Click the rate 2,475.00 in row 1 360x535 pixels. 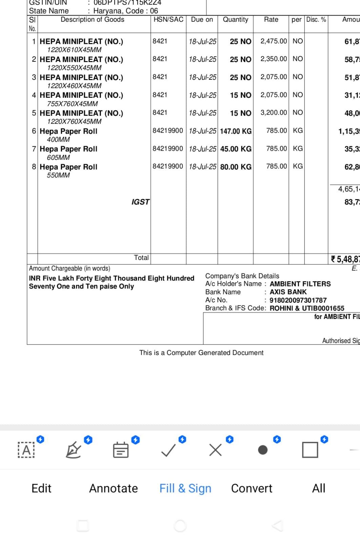click(x=273, y=41)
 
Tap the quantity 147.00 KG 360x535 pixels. click(x=236, y=131)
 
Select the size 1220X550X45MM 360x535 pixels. click(x=74, y=68)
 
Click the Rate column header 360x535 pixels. click(x=271, y=20)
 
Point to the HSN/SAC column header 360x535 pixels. click(x=168, y=20)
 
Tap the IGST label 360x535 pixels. click(x=140, y=202)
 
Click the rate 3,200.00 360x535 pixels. click(x=273, y=113)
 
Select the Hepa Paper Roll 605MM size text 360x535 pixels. click(x=58, y=157)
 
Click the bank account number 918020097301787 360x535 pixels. click(x=298, y=300)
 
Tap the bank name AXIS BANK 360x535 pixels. click(x=288, y=292)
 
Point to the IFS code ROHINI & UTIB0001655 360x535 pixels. click(x=307, y=308)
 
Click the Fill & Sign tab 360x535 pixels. click(x=185, y=488)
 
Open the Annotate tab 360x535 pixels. click(x=114, y=488)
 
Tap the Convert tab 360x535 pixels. click(x=252, y=488)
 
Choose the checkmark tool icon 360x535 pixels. click(x=168, y=450)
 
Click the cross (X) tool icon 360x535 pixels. click(x=216, y=450)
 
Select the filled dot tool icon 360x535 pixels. click(x=263, y=450)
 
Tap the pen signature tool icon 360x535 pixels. click(x=73, y=450)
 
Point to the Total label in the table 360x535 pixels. click(x=141, y=258)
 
